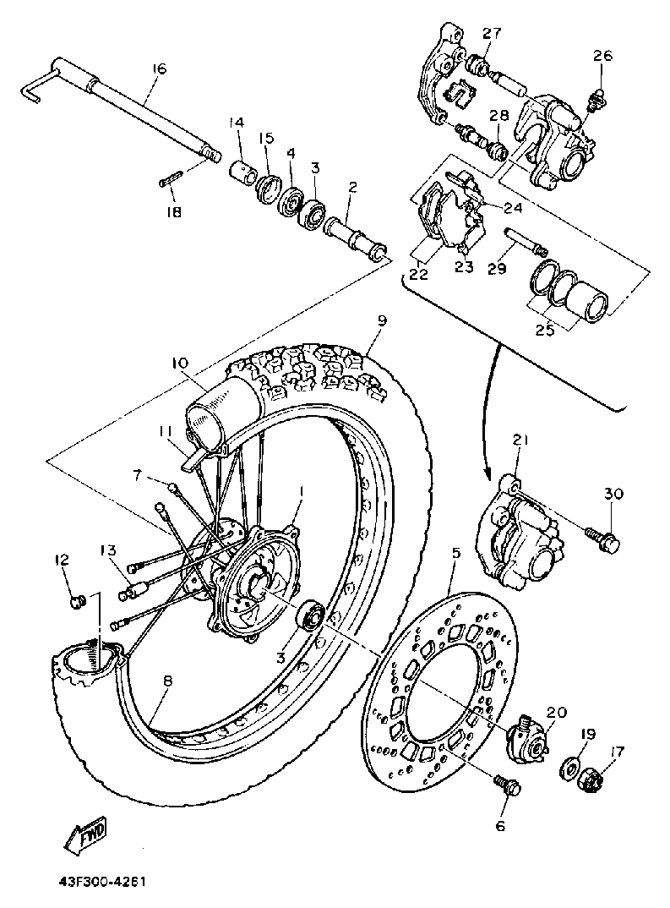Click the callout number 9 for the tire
coord(381,321)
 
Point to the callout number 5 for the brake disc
coord(455,555)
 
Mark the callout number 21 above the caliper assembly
coord(520,440)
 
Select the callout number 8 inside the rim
coord(167,681)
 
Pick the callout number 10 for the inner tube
coord(181,363)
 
